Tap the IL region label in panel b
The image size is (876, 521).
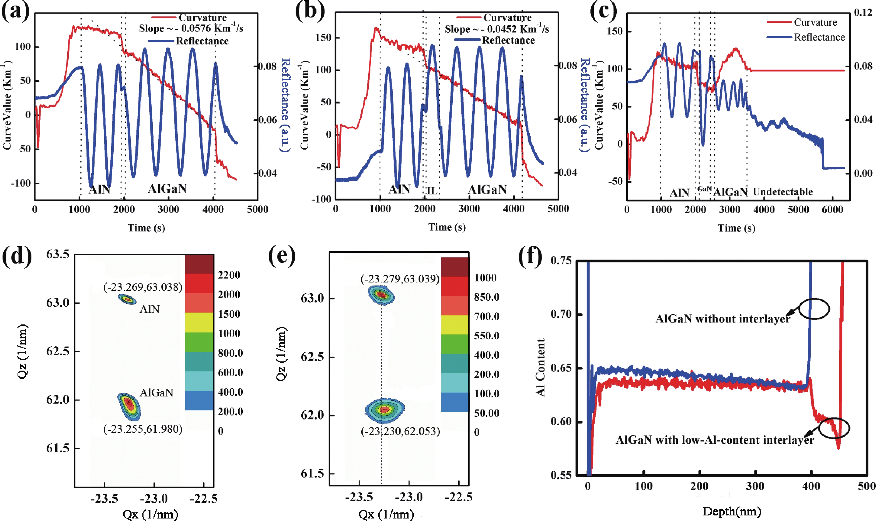[432, 191]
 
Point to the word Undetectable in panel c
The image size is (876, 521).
[783, 192]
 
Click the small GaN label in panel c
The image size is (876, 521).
[704, 189]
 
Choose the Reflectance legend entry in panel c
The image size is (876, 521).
[819, 37]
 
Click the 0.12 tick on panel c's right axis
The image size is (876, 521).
[863, 13]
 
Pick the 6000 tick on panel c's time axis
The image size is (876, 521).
[832, 210]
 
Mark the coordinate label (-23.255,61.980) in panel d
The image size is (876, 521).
[143, 429]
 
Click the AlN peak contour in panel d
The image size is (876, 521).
[127, 299]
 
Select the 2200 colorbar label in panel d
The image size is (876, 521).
[229, 275]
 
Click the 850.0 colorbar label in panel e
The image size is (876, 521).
[487, 297]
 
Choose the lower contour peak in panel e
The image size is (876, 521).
[385, 409]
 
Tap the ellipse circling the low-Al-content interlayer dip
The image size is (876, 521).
[834, 428]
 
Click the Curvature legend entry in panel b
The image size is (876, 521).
[507, 18]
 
